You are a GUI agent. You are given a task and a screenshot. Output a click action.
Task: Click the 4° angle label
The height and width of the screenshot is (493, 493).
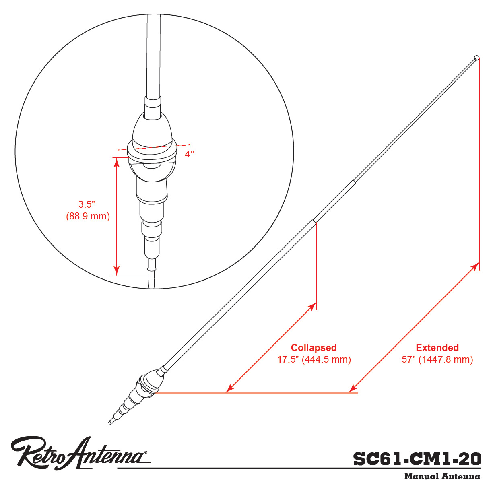pos(189,154)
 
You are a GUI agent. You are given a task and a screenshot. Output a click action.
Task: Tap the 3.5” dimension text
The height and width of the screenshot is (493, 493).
pos(87,204)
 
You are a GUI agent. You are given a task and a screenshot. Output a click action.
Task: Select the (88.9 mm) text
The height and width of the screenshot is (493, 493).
pos(88,216)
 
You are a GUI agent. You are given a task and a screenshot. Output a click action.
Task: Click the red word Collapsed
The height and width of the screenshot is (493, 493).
pos(314,348)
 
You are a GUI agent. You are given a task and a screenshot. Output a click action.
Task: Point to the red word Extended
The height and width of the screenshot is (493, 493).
pos(437,348)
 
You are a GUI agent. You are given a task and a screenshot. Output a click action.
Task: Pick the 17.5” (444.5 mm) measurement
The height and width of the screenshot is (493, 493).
pos(314,359)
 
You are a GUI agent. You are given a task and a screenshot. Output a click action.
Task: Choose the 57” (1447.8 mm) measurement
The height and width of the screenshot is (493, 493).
pos(437,359)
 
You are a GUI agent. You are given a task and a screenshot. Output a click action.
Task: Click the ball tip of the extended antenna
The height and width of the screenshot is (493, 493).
pos(476,57)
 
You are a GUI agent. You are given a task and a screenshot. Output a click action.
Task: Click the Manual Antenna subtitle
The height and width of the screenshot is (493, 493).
pos(442,476)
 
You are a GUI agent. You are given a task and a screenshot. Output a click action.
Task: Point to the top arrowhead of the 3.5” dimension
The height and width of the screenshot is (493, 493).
pos(116,162)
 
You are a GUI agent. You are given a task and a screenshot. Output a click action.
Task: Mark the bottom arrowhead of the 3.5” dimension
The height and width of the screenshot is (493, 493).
pos(116,271)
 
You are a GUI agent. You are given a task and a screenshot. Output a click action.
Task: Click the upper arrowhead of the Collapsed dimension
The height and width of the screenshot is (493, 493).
pos(313,306)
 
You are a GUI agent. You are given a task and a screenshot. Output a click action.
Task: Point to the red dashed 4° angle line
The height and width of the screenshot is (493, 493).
pos(154,147)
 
